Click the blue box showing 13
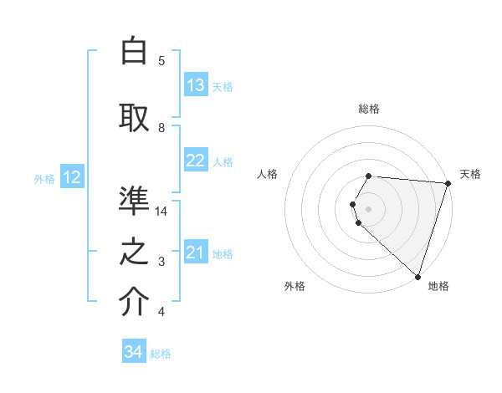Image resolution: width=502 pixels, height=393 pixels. click(196, 85)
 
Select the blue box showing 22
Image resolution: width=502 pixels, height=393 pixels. click(196, 161)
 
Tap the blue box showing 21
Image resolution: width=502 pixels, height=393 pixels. click(196, 253)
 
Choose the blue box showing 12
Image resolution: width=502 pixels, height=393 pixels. click(72, 177)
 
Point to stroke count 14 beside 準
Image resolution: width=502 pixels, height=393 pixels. click(161, 211)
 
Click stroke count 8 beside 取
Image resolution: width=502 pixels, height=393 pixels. click(161, 127)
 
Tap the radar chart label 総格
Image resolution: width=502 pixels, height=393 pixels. click(369, 109)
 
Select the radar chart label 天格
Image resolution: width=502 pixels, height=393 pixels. click(470, 174)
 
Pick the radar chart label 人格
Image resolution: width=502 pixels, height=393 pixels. click(268, 174)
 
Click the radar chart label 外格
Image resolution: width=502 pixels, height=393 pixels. click(295, 286)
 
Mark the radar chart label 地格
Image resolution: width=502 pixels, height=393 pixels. click(438, 286)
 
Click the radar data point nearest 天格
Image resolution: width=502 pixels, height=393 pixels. click(448, 183)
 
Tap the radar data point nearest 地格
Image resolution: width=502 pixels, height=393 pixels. click(417, 277)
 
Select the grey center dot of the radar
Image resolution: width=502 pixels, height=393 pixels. click(369, 208)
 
